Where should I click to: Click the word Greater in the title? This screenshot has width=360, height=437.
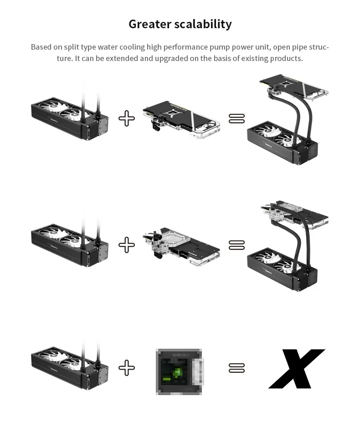149,24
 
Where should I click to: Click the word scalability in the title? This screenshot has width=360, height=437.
203,24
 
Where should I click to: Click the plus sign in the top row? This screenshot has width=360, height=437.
127,118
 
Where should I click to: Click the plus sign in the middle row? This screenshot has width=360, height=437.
127,245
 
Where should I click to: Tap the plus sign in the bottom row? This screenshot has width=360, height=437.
127,368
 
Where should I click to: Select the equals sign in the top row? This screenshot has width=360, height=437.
237,118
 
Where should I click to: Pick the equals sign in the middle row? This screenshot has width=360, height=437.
237,245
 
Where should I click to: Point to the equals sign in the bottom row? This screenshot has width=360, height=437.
237,368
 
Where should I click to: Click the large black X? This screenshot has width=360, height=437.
296,368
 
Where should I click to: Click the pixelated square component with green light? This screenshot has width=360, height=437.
179,371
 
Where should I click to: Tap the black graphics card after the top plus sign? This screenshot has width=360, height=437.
181,119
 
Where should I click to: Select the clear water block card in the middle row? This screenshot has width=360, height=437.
181,246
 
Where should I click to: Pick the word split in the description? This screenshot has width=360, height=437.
72,47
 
